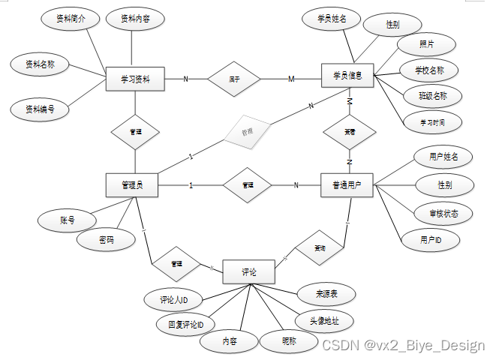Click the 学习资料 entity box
[136, 77]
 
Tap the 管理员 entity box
[132, 184]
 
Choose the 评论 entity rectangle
[249, 271]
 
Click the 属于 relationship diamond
[234, 77]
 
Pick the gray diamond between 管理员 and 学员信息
[246, 131]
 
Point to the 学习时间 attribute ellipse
[431, 120]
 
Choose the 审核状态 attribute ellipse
[445, 213]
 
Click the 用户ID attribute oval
[431, 239]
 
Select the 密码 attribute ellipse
[106, 240]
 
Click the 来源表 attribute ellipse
[326, 293]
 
